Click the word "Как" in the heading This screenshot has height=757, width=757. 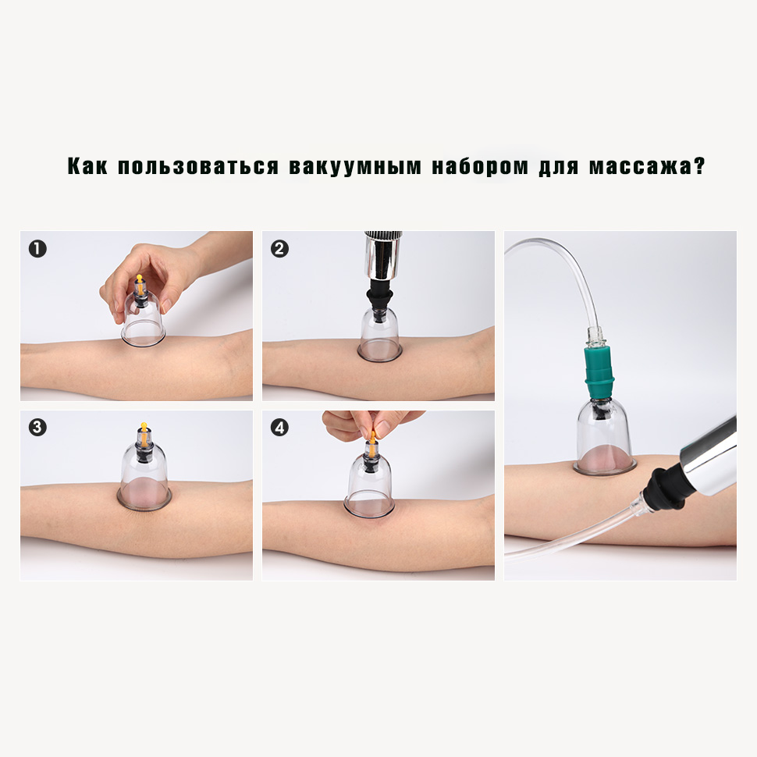(x=87, y=166)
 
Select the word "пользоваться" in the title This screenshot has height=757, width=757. (x=198, y=166)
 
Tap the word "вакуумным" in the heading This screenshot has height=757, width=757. (x=355, y=167)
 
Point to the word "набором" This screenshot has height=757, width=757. (x=481, y=166)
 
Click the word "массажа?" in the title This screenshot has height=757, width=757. (x=647, y=166)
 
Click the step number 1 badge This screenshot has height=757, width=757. (x=37, y=249)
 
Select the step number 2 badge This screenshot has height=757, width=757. (x=279, y=249)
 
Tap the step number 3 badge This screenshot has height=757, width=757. (x=37, y=427)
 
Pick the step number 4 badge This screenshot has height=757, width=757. (x=279, y=427)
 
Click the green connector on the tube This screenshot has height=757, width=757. (x=599, y=371)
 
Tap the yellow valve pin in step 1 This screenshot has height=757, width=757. (x=140, y=284)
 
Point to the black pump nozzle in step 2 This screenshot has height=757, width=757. (x=380, y=303)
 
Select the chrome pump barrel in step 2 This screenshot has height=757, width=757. (x=383, y=255)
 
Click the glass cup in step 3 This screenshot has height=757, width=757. (x=144, y=475)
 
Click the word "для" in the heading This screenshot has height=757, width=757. (x=559, y=167)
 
